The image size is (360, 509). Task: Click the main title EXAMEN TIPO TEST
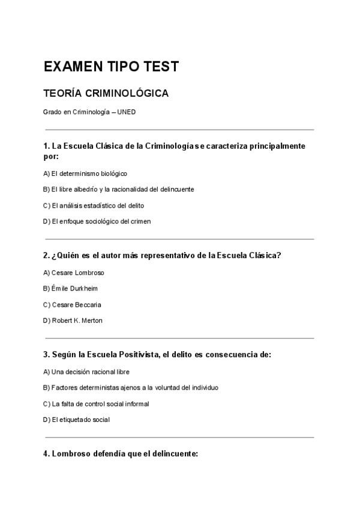coord(111,67)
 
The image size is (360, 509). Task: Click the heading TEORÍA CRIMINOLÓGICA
coord(106,94)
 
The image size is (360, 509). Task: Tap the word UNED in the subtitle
coord(127,112)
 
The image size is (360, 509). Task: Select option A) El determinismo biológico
coord(85,173)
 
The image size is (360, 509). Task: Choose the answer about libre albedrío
coord(118,189)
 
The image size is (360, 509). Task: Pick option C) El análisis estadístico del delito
coord(94,205)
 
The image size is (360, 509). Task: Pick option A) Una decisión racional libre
coord(86,372)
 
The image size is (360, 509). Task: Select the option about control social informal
coord(96,403)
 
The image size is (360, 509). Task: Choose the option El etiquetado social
coord(76,419)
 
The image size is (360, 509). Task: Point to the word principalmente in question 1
coord(273,146)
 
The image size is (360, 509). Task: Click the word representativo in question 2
coord(174,255)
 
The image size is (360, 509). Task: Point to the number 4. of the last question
coord(46,454)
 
